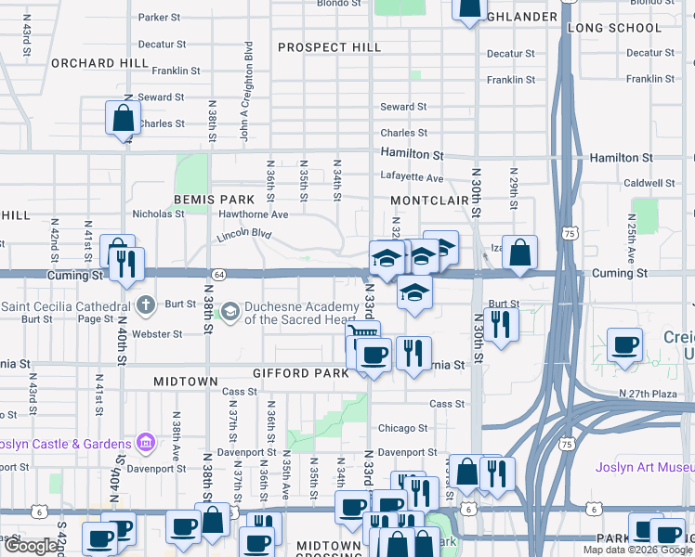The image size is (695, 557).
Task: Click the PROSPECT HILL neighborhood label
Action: click(x=329, y=47)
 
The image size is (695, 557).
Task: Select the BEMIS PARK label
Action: click(x=214, y=200)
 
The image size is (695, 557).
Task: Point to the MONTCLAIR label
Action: click(x=429, y=201)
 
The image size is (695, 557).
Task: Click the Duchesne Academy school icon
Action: click(x=229, y=312)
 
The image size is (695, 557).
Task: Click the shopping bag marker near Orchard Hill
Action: click(x=123, y=119)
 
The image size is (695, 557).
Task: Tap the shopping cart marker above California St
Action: click(x=362, y=333)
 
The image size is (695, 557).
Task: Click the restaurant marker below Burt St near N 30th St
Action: click(x=500, y=325)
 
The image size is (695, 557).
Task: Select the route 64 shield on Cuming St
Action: click(x=217, y=275)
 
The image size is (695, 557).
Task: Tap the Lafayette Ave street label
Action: click(x=412, y=177)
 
